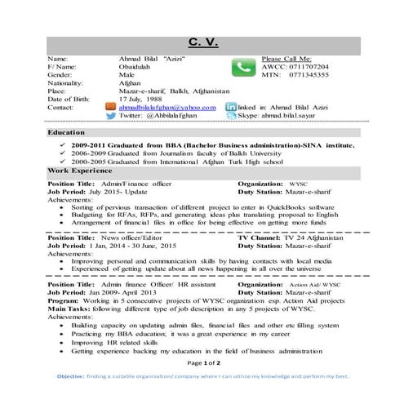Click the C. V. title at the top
tap(201, 42)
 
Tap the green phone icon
tap(242, 68)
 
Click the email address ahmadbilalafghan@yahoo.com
tap(167, 107)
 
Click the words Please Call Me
tap(286, 59)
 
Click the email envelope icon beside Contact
tap(111, 107)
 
